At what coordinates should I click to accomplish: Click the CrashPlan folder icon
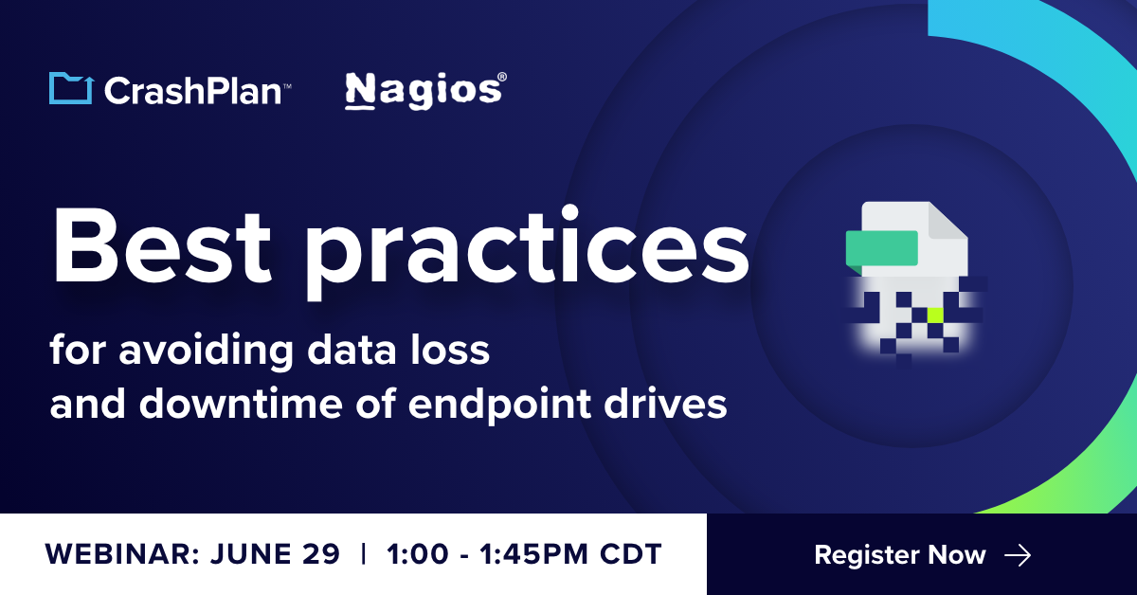point(70,88)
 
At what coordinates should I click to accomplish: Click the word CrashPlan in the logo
point(191,90)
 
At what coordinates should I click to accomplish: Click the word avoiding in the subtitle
point(214,352)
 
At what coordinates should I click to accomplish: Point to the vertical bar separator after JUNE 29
point(364,555)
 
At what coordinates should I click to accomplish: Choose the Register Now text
point(900,555)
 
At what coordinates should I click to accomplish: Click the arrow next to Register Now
point(1017,555)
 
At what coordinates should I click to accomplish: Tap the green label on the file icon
point(882,247)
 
